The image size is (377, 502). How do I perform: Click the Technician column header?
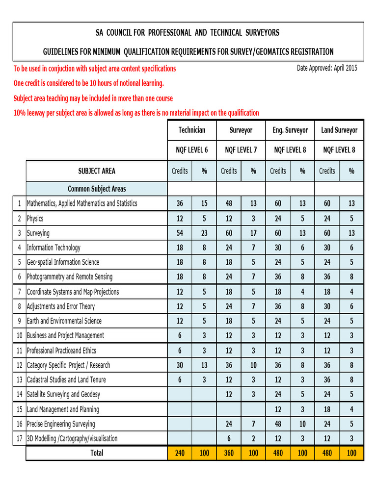(x=192, y=130)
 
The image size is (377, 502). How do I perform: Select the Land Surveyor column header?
(x=339, y=130)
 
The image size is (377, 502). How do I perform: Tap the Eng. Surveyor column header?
(x=290, y=130)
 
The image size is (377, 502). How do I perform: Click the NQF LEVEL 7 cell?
(x=241, y=150)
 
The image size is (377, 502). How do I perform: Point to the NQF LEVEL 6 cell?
(x=192, y=150)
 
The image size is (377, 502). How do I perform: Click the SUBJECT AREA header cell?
(x=97, y=171)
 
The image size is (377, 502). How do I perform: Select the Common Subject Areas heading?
(x=97, y=188)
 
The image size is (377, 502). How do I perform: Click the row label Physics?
(x=35, y=218)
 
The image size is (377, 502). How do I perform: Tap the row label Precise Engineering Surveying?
(x=61, y=424)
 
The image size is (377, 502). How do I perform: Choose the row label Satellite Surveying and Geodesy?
(x=63, y=394)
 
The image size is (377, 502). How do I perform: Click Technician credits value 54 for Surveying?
(x=180, y=233)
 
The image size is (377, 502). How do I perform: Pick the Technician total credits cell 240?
(x=180, y=453)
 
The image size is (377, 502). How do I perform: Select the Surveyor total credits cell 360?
(x=229, y=453)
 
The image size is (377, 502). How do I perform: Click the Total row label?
(x=97, y=453)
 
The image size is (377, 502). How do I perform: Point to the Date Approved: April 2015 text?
(x=327, y=68)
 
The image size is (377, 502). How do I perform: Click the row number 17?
(x=20, y=438)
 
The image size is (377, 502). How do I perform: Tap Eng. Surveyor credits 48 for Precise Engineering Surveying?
(x=278, y=424)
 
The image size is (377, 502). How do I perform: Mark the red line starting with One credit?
(x=89, y=83)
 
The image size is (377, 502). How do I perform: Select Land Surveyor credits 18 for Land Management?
(x=327, y=409)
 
